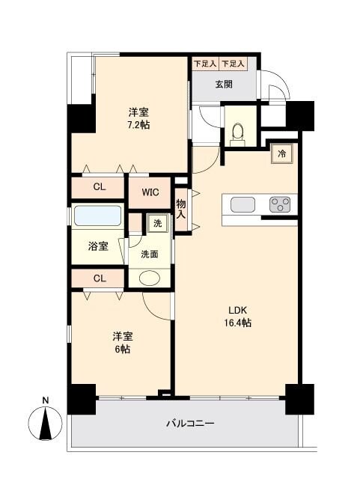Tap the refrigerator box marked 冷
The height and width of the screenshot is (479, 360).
click(x=282, y=153)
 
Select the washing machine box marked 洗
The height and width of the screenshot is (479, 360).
click(x=156, y=223)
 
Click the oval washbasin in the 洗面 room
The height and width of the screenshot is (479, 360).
click(x=150, y=278)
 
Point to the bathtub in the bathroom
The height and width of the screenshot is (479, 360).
click(x=98, y=217)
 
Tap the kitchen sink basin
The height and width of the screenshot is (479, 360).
click(x=244, y=204)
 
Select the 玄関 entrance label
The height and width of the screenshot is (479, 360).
click(x=224, y=84)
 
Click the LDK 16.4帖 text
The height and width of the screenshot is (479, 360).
click(x=237, y=317)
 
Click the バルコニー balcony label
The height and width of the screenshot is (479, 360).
click(x=190, y=424)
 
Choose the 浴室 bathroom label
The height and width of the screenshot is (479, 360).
click(x=98, y=245)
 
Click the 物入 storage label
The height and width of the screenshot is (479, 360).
click(x=181, y=204)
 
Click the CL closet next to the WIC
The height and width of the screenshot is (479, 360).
click(x=99, y=187)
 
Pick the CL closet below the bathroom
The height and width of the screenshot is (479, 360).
click(x=99, y=278)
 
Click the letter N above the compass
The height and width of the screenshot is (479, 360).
click(x=46, y=400)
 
